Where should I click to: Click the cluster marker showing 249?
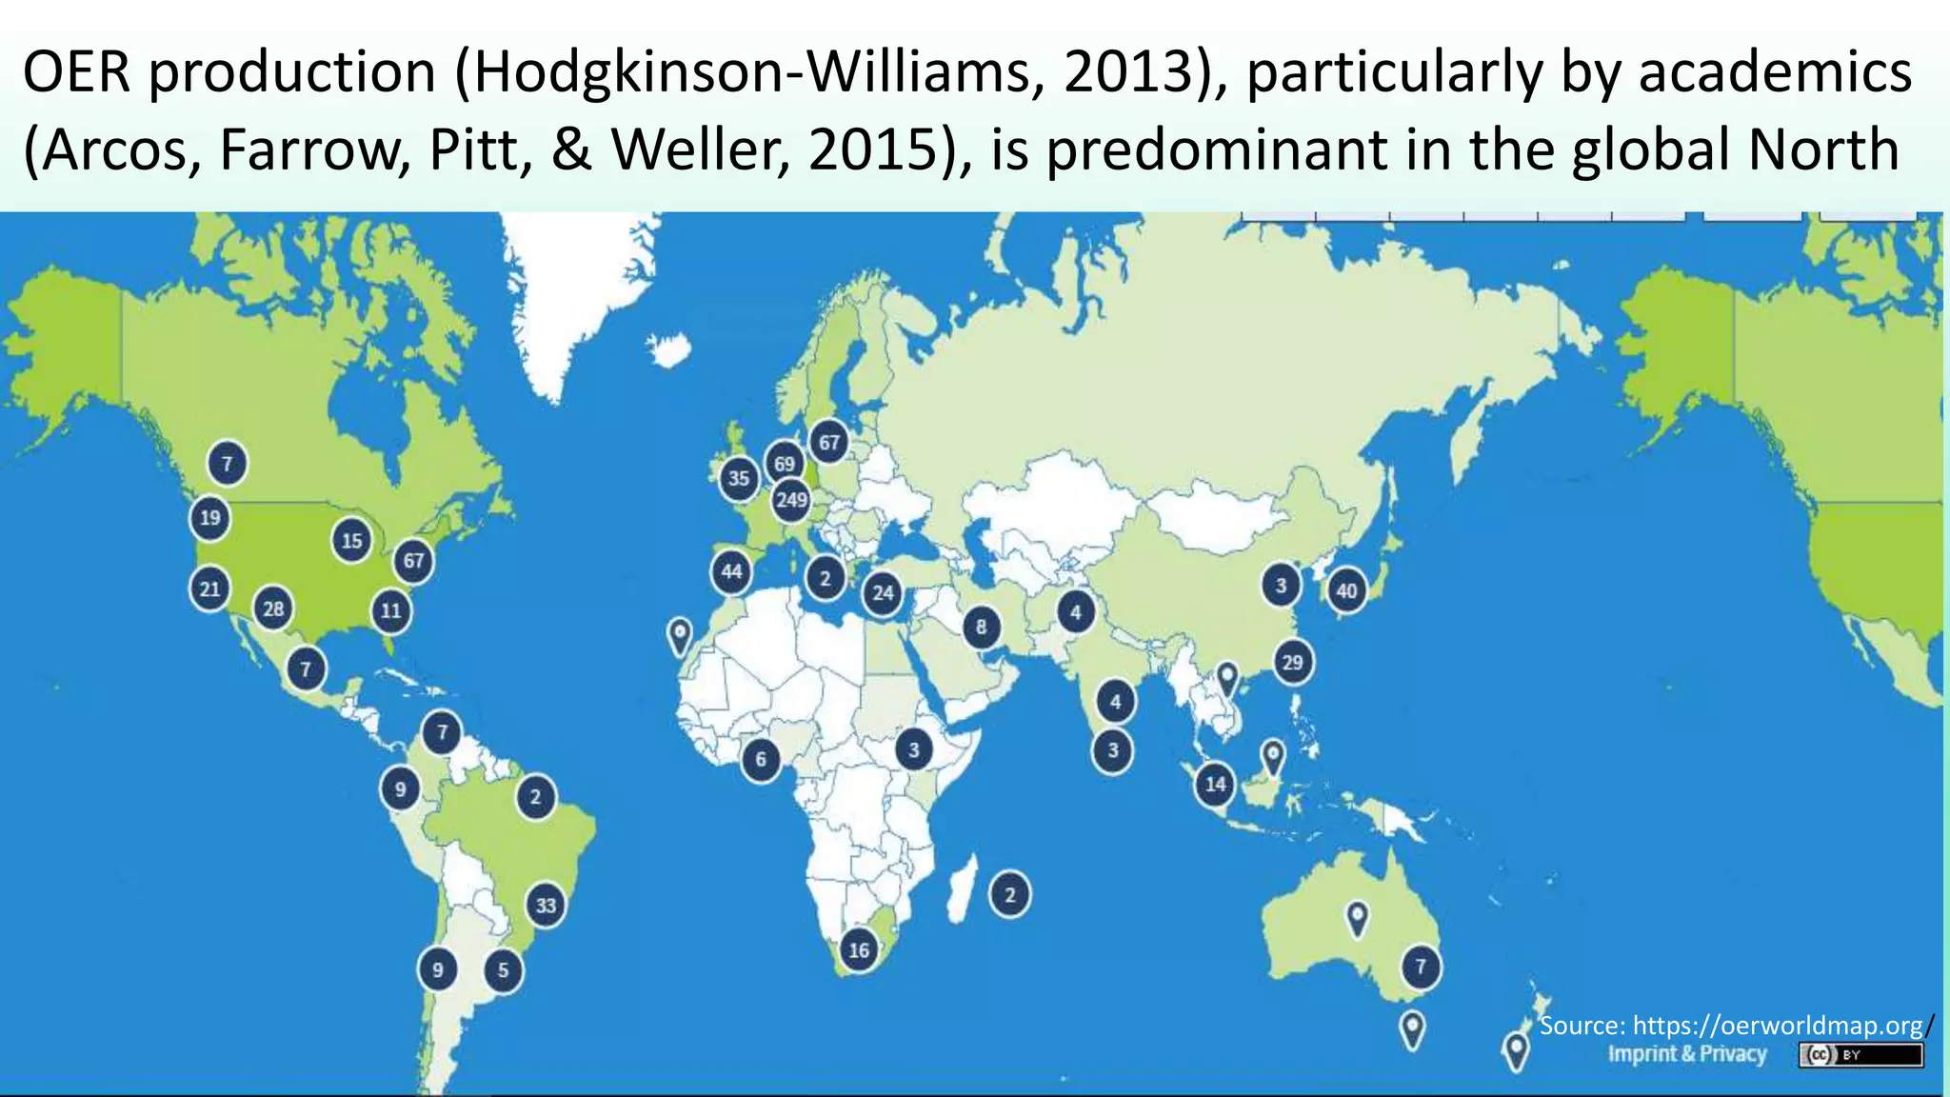click(x=791, y=500)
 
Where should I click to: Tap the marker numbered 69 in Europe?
click(x=784, y=464)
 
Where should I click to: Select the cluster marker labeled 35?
click(x=739, y=478)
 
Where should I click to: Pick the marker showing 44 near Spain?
click(x=731, y=571)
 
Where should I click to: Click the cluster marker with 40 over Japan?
click(x=1346, y=590)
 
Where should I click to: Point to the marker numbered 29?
click(x=1292, y=662)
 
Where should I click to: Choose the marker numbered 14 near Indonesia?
click(x=1215, y=785)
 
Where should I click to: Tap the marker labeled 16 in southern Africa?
click(x=859, y=950)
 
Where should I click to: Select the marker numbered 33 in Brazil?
click(x=546, y=905)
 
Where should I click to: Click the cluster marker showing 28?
click(x=273, y=608)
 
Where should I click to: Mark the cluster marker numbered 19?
click(x=210, y=518)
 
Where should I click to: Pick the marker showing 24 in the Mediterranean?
click(x=884, y=593)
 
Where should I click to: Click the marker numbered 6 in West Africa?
click(x=760, y=759)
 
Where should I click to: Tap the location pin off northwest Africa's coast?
click(x=679, y=634)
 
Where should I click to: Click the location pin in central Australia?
click(x=1357, y=917)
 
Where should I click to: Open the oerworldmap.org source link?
click(x=1778, y=1026)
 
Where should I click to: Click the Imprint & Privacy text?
click(x=1687, y=1054)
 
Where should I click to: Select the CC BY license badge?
click(x=1860, y=1055)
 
